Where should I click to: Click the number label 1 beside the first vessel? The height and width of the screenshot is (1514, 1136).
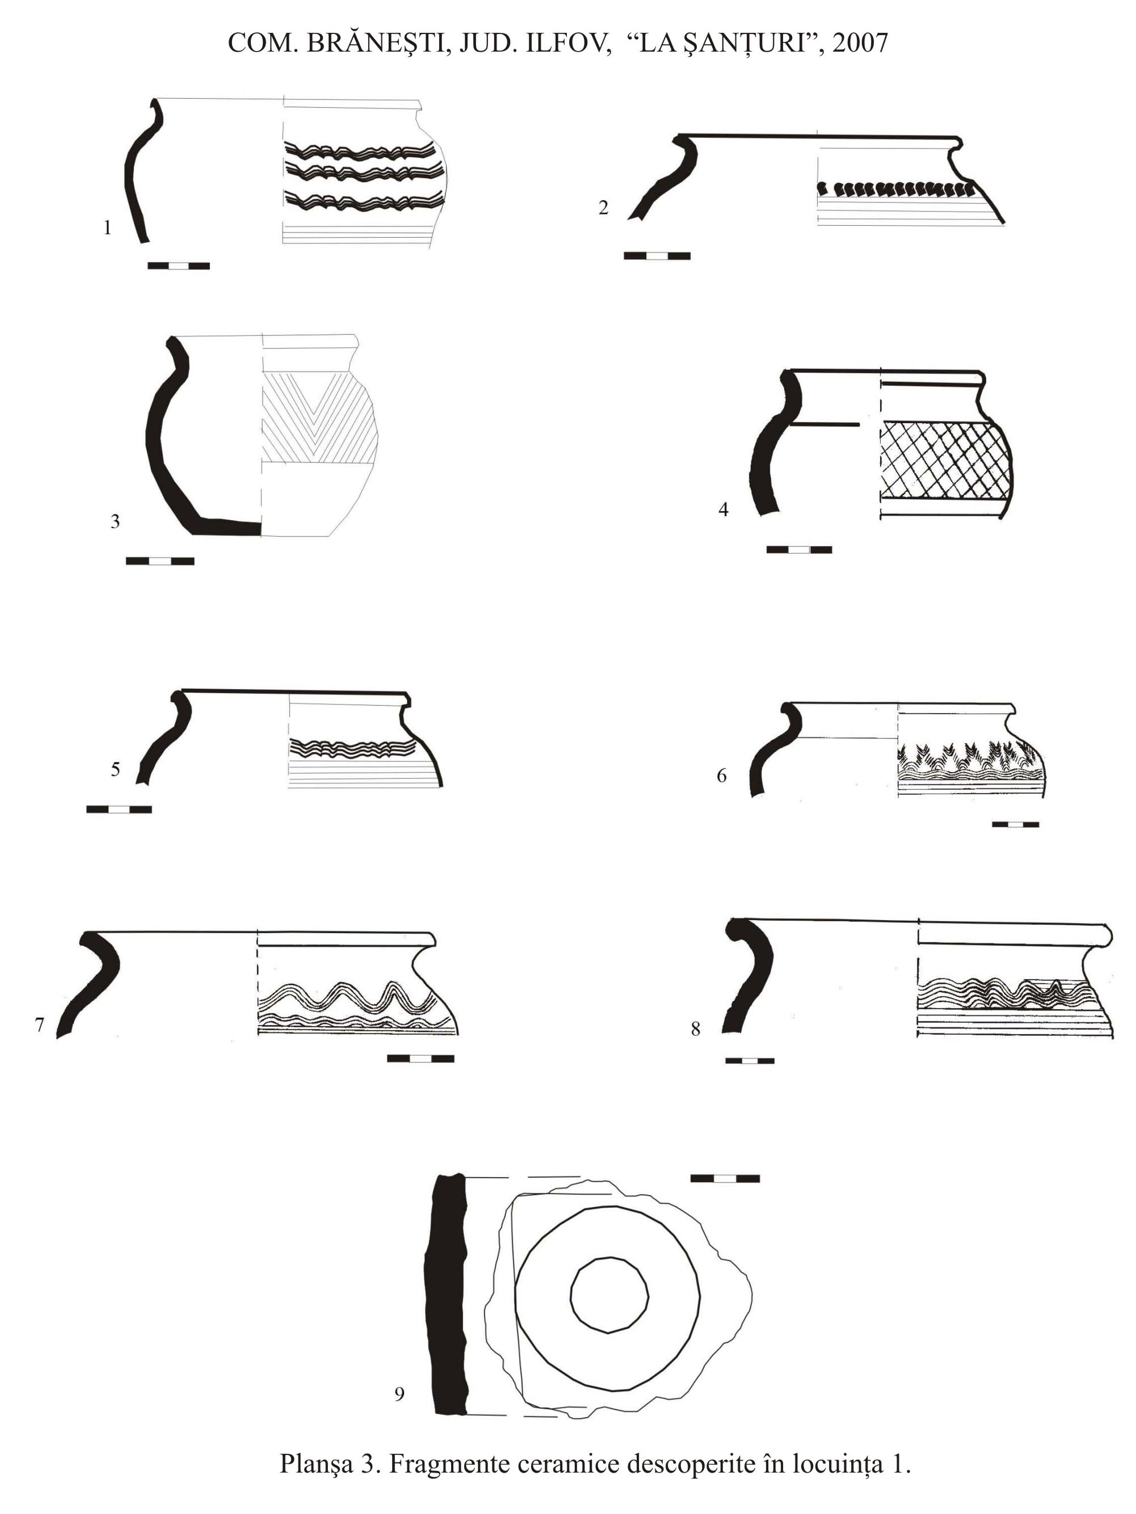(x=107, y=228)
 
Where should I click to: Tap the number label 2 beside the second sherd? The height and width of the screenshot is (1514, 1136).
(x=603, y=208)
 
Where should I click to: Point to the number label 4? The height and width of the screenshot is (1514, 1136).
(x=723, y=509)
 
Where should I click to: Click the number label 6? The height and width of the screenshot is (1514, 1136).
(x=722, y=775)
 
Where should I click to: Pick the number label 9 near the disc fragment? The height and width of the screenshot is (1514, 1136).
(x=400, y=1394)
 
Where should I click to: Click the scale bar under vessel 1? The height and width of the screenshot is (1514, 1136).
(x=179, y=265)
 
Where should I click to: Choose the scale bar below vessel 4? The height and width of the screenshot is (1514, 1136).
(x=799, y=550)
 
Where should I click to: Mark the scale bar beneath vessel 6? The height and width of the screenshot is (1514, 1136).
(x=1016, y=825)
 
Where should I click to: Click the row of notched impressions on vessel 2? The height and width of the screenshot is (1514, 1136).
(x=897, y=188)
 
